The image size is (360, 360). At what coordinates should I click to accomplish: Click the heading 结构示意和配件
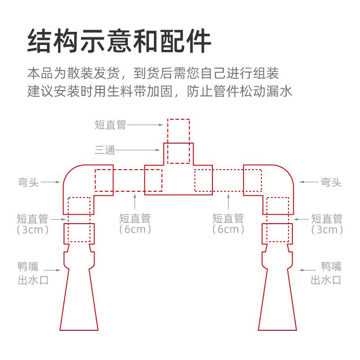(x=119, y=41)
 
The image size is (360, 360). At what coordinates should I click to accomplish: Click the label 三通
(x=105, y=150)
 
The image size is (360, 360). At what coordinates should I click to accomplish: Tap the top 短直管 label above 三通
(x=110, y=125)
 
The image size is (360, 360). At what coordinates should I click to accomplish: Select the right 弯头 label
(x=331, y=182)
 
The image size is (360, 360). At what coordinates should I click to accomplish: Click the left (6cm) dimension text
(x=135, y=229)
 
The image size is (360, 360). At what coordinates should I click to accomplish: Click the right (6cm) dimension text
(x=228, y=229)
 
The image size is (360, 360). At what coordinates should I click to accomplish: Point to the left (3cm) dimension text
(x=32, y=229)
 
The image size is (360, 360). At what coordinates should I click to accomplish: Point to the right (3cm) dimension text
(x=327, y=229)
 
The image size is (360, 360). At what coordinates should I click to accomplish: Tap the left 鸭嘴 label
(x=28, y=265)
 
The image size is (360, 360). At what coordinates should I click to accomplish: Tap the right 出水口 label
(x=326, y=280)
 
